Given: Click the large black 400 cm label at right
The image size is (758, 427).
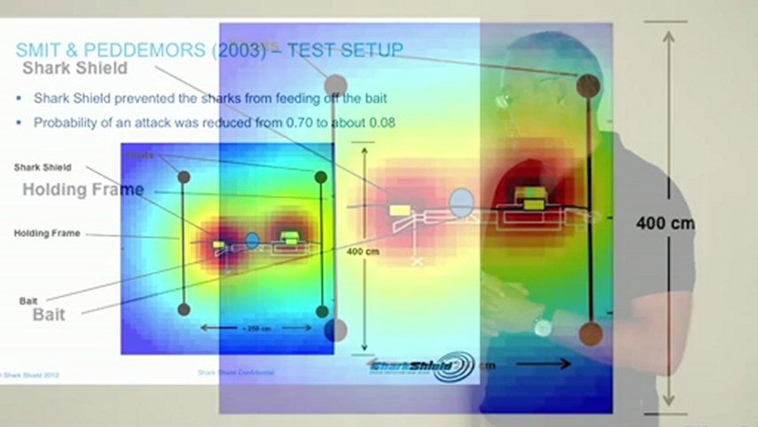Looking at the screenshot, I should click(x=665, y=224).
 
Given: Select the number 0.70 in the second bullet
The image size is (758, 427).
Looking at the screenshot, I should click(x=306, y=123).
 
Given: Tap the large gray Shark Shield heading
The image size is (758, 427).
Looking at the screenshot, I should click(x=75, y=68).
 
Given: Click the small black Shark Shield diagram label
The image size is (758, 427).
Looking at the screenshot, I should click(x=43, y=168).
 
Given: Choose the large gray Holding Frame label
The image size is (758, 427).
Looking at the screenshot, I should click(x=83, y=190).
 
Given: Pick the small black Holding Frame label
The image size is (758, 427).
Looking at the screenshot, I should click(x=47, y=234).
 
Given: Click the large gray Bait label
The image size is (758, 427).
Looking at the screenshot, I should click(x=49, y=314).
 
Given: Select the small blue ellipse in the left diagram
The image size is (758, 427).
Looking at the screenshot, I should click(x=252, y=240).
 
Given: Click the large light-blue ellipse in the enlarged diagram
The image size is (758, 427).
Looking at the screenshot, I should click(x=461, y=202).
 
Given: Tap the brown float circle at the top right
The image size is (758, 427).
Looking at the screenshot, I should click(x=588, y=86).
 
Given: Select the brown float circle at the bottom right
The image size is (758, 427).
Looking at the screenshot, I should click(x=590, y=334).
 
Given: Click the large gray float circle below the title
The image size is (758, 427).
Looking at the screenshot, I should click(x=336, y=85).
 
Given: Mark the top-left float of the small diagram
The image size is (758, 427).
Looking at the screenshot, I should click(x=184, y=177).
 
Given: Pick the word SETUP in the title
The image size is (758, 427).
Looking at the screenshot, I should click(x=371, y=50).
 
